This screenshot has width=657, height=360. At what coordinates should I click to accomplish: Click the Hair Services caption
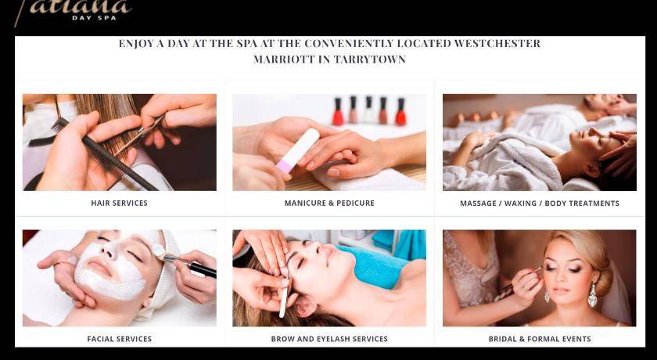120,203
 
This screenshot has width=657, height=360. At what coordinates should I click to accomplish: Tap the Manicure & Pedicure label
329,203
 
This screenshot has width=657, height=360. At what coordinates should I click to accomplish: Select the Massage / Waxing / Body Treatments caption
540,203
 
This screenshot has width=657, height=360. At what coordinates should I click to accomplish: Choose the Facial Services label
120,339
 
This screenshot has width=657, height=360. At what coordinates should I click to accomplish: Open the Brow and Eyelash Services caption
329,339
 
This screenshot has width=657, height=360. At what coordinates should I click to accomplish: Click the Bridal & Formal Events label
540,339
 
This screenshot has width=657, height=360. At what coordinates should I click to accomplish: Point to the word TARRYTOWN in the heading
369,59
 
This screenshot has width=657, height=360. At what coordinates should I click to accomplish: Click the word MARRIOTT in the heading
284,59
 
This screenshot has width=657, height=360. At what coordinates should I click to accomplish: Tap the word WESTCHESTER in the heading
497,44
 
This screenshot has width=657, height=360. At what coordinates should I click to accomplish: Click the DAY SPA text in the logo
94,17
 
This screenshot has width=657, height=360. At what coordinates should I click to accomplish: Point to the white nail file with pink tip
297,150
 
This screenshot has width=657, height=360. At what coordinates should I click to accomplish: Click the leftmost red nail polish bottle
338,111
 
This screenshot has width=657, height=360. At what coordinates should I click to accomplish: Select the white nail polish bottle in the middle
368,110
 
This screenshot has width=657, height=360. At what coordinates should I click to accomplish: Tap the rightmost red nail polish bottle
401,112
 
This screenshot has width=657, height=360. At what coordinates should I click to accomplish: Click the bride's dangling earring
592,296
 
